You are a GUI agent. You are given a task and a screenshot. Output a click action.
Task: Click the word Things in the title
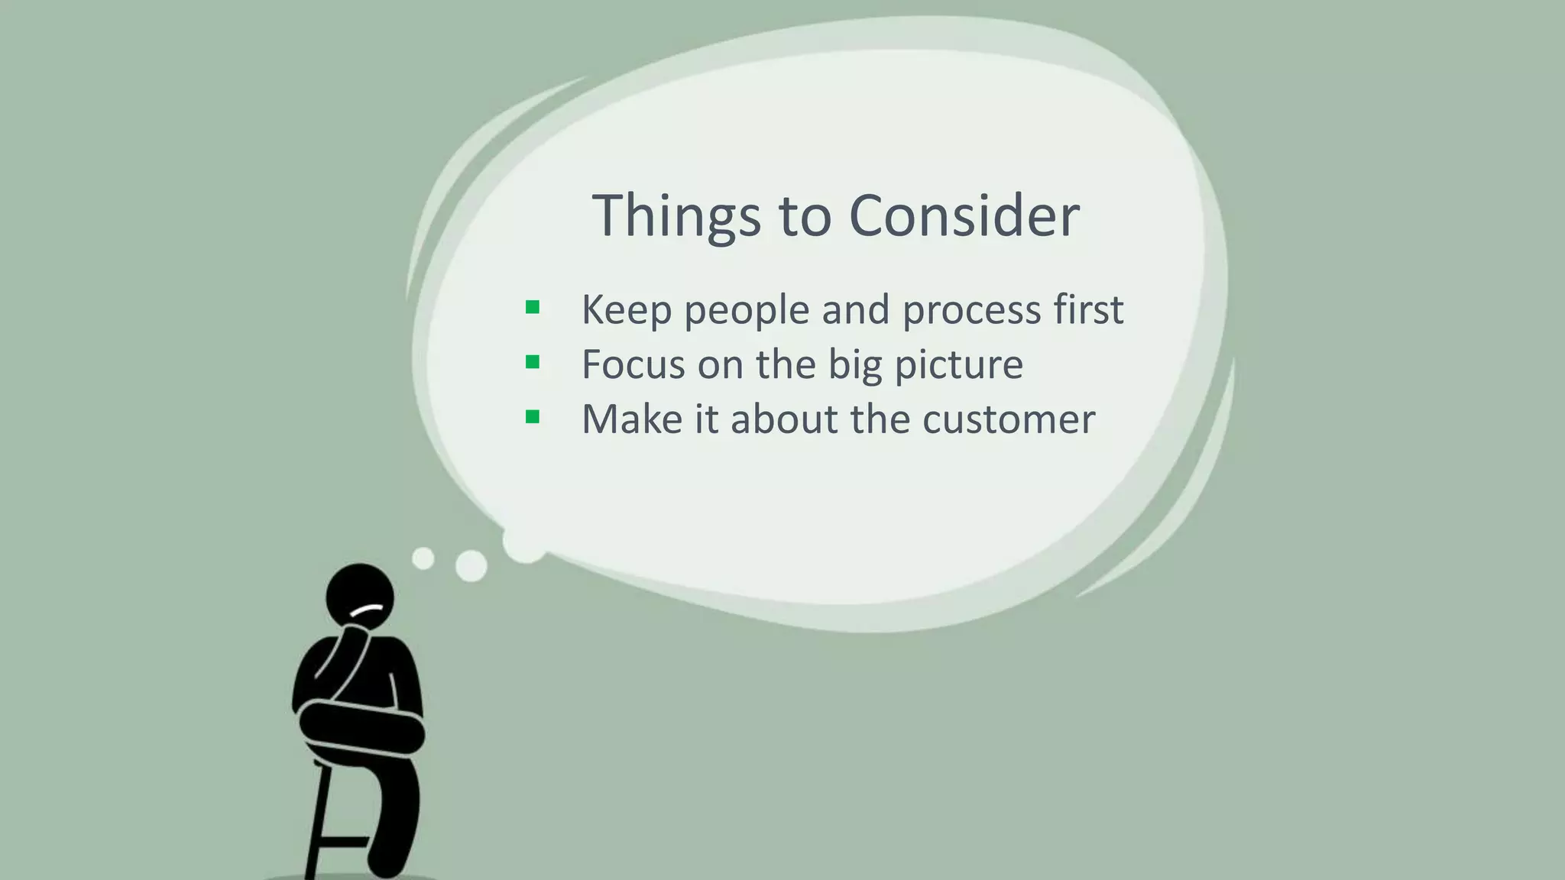coord(676,216)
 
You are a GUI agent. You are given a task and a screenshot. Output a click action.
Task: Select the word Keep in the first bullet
coord(626,310)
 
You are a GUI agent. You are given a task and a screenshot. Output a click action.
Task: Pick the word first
coord(1088,310)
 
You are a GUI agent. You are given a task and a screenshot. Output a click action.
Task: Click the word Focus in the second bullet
coord(633,364)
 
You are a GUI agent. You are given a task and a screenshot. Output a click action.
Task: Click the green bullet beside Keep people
coord(533,308)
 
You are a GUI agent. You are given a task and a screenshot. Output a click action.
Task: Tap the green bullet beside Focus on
coord(533,362)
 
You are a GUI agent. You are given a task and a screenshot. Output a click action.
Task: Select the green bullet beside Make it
coord(533,417)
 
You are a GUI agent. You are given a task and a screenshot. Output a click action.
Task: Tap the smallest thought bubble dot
coord(423,558)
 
